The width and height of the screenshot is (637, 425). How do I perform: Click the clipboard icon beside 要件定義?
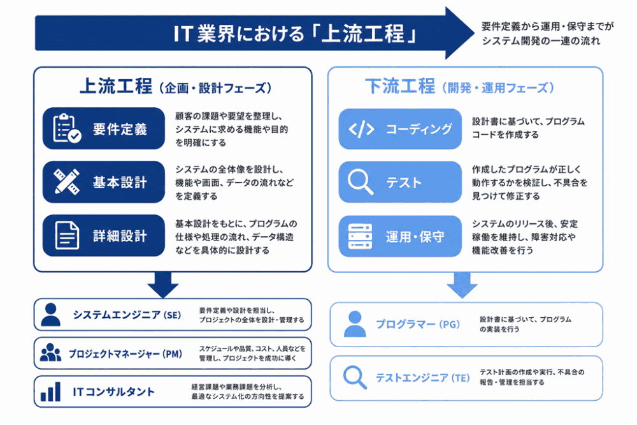tap(67, 128)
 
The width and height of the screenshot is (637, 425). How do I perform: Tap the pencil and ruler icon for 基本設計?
tap(67, 182)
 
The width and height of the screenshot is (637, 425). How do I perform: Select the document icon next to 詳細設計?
tap(67, 235)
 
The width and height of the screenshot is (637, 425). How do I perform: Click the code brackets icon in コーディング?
tap(361, 129)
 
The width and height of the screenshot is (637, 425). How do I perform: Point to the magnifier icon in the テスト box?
tap(361, 182)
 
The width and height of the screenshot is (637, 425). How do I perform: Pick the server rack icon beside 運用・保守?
tap(360, 236)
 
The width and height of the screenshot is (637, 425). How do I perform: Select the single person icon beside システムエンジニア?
tap(51, 315)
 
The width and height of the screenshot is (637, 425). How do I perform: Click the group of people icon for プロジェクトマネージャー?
tap(50, 352)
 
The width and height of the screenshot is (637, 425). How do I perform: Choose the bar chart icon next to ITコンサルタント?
tap(50, 391)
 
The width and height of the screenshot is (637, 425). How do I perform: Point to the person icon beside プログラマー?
tap(355, 324)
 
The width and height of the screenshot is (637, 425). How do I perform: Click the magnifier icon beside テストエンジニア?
tap(355, 378)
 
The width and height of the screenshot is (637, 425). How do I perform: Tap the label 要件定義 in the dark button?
tap(120, 129)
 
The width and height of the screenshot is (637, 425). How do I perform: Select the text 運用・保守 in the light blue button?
tap(415, 237)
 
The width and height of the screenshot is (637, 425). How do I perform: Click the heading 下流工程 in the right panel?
tap(400, 86)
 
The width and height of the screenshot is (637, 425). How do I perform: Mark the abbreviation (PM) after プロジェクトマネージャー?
tap(172, 354)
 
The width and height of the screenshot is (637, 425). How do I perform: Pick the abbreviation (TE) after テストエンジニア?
tap(461, 378)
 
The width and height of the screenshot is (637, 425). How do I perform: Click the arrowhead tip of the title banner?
tap(474, 33)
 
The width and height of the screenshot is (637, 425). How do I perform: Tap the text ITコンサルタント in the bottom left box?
tap(114, 392)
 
